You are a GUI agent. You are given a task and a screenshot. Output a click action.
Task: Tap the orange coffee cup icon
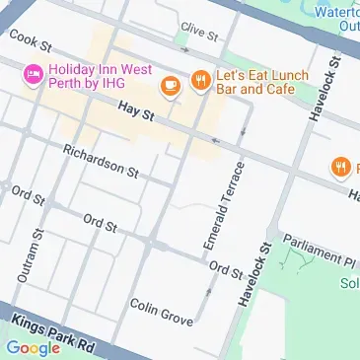(171, 85)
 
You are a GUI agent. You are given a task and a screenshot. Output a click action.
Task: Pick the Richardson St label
(100, 162)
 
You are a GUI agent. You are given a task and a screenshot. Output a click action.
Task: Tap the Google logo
(33, 347)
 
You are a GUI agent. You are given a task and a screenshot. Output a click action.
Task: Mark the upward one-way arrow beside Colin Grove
(208, 292)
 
